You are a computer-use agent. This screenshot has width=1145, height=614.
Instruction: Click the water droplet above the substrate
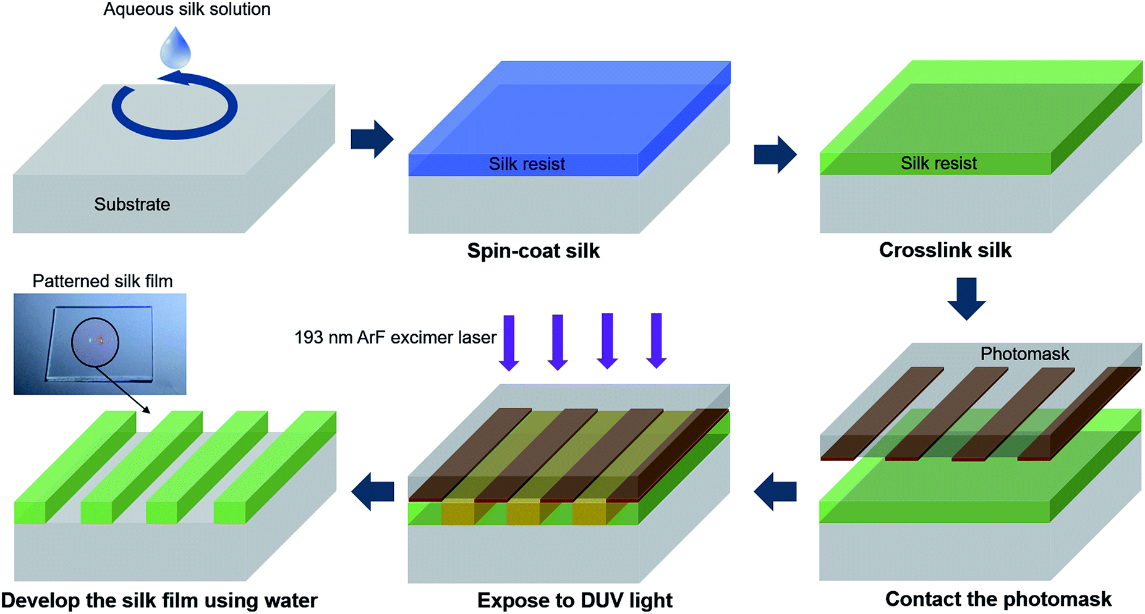[175, 49]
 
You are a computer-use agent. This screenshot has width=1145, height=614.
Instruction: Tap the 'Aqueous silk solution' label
[187, 9]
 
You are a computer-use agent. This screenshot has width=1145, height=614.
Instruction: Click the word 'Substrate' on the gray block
[132, 204]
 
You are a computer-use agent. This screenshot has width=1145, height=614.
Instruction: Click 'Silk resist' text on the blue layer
[527, 164]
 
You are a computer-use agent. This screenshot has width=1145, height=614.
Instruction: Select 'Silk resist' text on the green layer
[939, 164]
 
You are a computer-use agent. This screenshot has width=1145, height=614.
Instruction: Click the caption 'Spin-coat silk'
[533, 251]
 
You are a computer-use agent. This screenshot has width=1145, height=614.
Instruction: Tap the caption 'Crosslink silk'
[945, 250]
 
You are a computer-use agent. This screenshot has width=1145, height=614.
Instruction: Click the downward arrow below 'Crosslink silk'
[966, 298]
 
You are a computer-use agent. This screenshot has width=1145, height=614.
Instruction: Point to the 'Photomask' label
[1024, 354]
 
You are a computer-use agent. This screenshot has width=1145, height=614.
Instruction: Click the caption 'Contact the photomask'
[998, 599]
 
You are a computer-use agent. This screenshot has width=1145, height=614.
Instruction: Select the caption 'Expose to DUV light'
[574, 600]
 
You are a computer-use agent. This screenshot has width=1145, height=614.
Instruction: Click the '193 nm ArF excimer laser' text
[395, 338]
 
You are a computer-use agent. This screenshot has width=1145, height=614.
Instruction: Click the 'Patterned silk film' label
[103, 282]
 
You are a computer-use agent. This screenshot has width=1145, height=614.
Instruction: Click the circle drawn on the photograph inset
[95, 342]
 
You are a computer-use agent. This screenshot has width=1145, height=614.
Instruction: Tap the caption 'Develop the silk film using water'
[160, 600]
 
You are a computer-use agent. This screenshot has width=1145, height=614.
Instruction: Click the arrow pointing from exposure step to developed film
[373, 492]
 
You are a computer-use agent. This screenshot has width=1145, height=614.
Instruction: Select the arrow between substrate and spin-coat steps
[372, 139]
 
